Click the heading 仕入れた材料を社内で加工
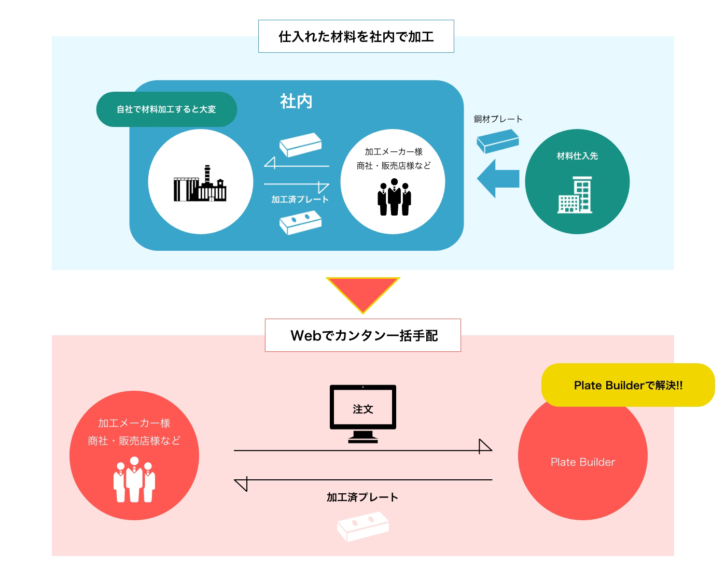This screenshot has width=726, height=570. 356,37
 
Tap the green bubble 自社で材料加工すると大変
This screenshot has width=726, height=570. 166,109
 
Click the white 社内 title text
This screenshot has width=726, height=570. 296,101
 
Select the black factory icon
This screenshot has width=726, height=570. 200,184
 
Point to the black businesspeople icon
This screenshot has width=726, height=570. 394,197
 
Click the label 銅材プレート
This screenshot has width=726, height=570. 498,119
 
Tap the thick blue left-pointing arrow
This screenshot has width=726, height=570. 498,178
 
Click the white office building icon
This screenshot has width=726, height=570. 576,195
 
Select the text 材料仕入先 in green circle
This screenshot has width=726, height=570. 577,156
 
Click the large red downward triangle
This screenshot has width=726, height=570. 363,292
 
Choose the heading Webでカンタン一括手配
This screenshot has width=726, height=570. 363,336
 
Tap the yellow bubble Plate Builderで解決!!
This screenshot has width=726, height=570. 628,386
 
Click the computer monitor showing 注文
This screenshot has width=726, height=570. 363,414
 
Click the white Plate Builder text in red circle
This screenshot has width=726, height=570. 583,462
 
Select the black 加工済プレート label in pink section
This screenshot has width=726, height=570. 362,497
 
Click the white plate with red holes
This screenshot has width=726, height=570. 363,526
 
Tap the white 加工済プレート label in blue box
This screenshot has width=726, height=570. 300,199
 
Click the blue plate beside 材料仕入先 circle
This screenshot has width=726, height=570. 498,141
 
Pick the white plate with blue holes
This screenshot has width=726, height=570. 300,223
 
